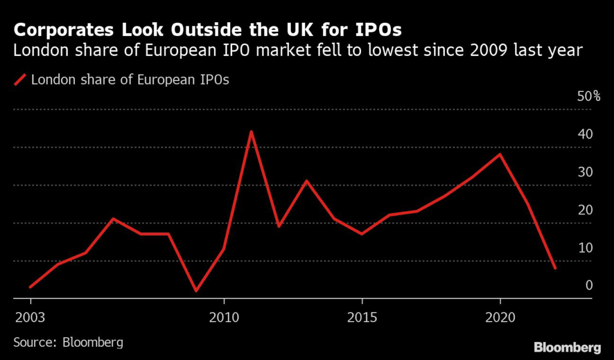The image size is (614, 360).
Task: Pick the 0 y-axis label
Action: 589,286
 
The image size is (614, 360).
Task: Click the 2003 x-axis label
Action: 28,316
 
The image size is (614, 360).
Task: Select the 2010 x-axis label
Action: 224,316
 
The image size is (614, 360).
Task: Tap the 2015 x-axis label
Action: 362,316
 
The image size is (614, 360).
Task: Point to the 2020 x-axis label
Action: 500,316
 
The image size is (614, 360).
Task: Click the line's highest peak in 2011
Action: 251,131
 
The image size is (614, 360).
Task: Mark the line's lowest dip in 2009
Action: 196,291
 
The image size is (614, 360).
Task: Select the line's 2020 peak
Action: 500,154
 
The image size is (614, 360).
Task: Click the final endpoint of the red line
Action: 555,268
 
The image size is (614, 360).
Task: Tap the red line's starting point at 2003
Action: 30,287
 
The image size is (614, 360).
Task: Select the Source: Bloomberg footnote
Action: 68,343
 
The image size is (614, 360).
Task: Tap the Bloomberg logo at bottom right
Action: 567,347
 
